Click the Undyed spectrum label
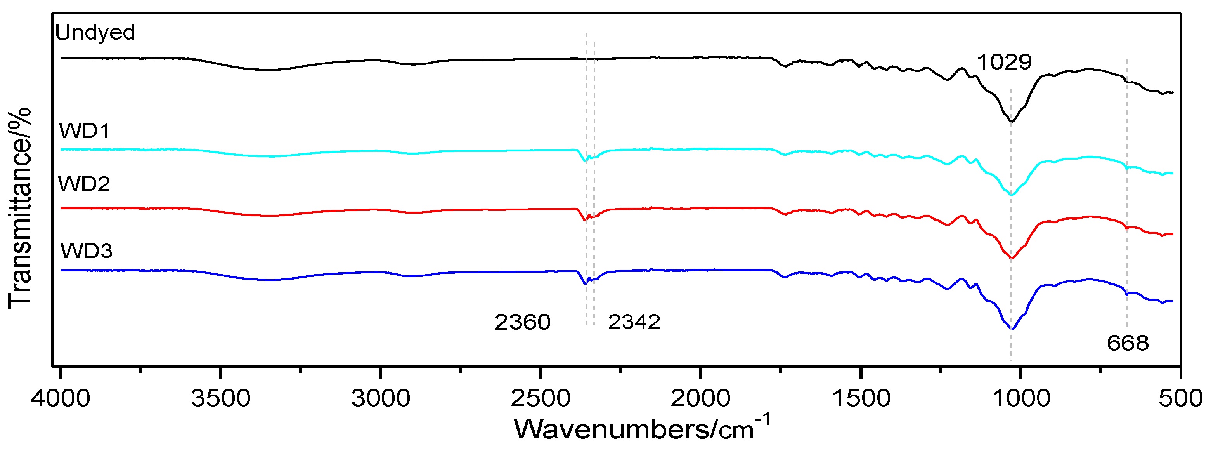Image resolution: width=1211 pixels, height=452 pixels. click(95, 33)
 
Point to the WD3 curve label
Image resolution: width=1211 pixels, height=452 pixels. click(87, 251)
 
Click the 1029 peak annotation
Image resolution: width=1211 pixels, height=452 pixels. click(1004, 62)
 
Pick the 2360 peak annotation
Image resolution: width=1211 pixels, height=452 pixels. click(522, 322)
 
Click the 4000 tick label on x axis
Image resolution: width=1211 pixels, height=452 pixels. click(61, 398)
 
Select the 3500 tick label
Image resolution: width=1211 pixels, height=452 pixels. click(220, 398)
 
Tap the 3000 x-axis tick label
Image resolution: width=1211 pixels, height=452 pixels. click(381, 398)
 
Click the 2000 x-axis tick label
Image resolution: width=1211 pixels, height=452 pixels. click(700, 398)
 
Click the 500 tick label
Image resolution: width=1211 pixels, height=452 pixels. click(1180, 398)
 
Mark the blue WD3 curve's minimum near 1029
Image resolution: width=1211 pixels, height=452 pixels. click(1012, 329)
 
